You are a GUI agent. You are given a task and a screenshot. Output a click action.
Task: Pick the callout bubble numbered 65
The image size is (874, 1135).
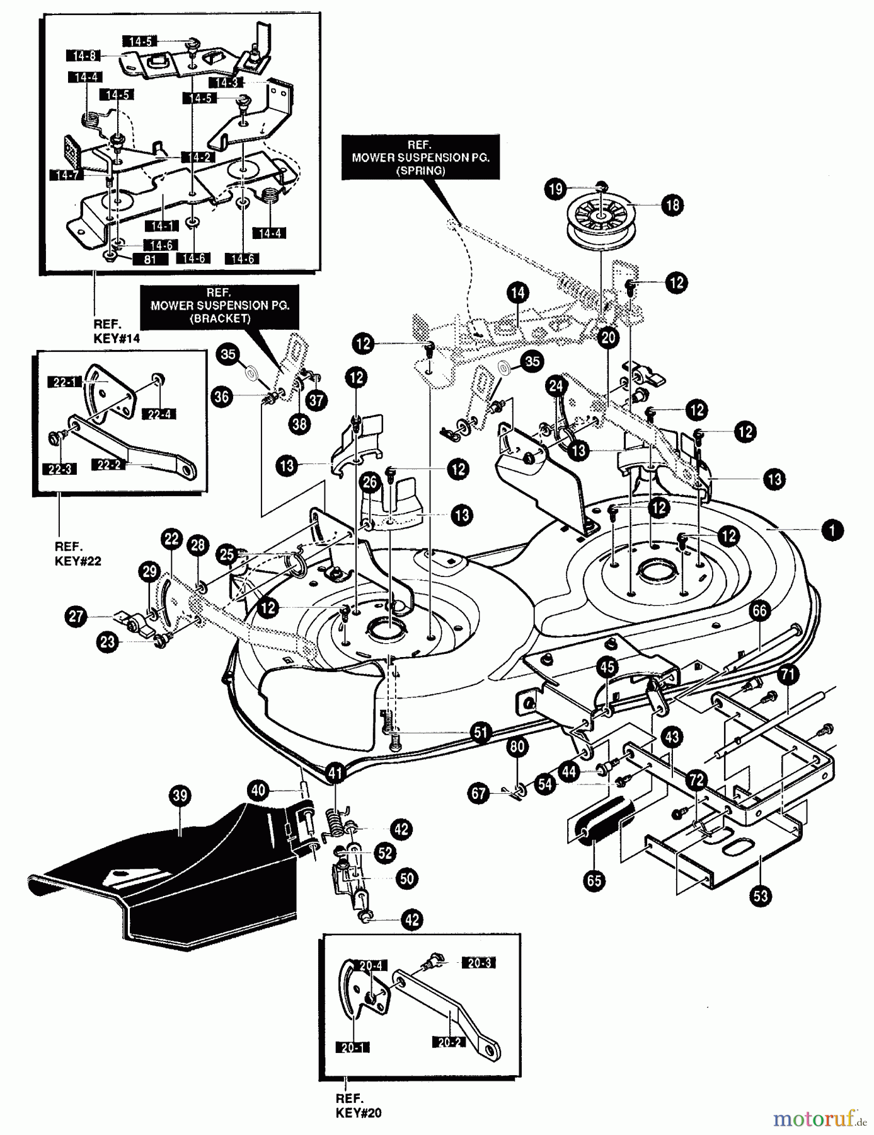594,880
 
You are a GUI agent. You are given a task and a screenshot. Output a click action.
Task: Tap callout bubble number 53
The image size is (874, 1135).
762,896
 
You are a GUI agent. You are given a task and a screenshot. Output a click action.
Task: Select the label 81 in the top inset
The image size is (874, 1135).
150,259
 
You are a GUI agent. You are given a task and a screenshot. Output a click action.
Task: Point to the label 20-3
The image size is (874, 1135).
480,963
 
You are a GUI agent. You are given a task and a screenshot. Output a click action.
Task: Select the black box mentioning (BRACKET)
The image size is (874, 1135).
219,306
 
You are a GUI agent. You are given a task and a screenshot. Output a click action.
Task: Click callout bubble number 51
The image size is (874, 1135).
481,732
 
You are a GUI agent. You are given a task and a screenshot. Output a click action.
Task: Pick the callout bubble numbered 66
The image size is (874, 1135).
759,611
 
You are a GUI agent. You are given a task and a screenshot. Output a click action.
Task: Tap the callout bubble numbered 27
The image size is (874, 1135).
76,616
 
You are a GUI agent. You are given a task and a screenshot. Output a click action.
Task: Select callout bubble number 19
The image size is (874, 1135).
556,189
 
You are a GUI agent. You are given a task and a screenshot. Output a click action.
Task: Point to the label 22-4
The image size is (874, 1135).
159,414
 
